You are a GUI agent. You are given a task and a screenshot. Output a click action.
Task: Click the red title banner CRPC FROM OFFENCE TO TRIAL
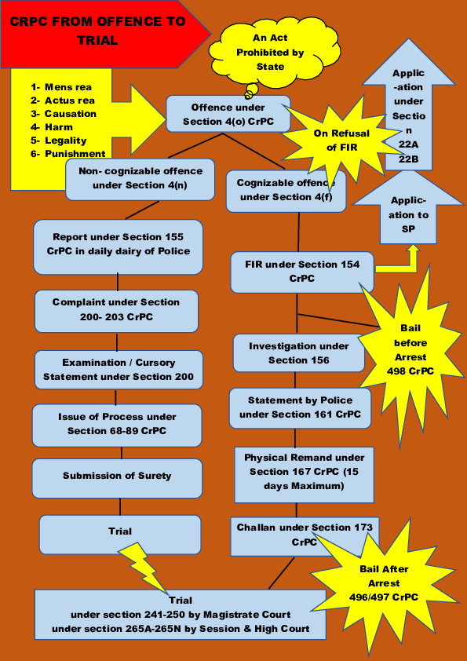tap(98, 31)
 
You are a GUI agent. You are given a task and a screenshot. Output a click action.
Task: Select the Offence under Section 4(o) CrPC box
tap(228, 113)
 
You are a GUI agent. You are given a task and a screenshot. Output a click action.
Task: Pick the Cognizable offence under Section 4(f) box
tap(286, 191)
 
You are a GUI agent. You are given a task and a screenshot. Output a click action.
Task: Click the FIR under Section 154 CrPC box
tap(302, 271)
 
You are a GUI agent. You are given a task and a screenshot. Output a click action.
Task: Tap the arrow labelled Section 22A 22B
tap(408, 118)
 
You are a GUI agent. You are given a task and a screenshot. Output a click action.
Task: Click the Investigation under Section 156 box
tap(298, 352)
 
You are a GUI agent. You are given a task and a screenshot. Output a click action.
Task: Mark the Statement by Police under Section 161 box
tap(300, 407)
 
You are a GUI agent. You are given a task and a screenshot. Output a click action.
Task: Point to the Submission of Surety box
tap(117, 476)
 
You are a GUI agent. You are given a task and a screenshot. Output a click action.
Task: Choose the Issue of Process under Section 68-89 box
tap(117, 424)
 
